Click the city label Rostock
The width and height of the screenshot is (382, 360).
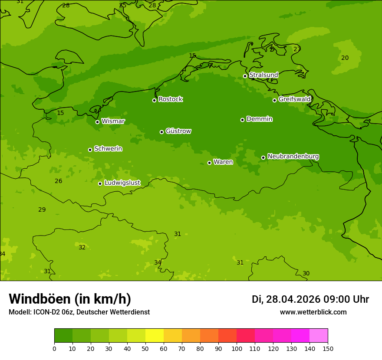coord(170,99)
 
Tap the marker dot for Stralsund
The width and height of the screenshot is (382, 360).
coord(245,76)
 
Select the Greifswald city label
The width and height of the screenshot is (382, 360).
coord(294,99)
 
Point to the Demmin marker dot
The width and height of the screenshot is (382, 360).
coord(242,120)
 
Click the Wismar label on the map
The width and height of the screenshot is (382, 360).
coord(113,121)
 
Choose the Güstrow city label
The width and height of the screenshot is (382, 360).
coord(178,131)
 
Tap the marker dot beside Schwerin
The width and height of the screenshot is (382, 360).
coord(90,150)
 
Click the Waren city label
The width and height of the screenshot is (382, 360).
coord(223,162)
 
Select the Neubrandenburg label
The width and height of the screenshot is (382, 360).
coord(293,156)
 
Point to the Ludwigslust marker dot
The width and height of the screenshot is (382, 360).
coord(100,183)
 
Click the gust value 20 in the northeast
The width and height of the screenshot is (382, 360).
coord(345,58)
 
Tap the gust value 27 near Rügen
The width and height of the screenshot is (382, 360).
coord(297,49)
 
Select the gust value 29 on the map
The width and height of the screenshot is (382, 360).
coord(42,210)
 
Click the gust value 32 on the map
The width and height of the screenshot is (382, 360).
coord(82,248)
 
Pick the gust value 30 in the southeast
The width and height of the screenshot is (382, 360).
coord(306,274)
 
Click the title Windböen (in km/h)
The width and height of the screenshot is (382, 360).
coord(70,299)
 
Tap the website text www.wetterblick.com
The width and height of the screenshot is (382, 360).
coord(313,312)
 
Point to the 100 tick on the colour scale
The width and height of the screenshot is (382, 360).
coord(237,348)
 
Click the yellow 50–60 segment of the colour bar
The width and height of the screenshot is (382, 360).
coord(155,336)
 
